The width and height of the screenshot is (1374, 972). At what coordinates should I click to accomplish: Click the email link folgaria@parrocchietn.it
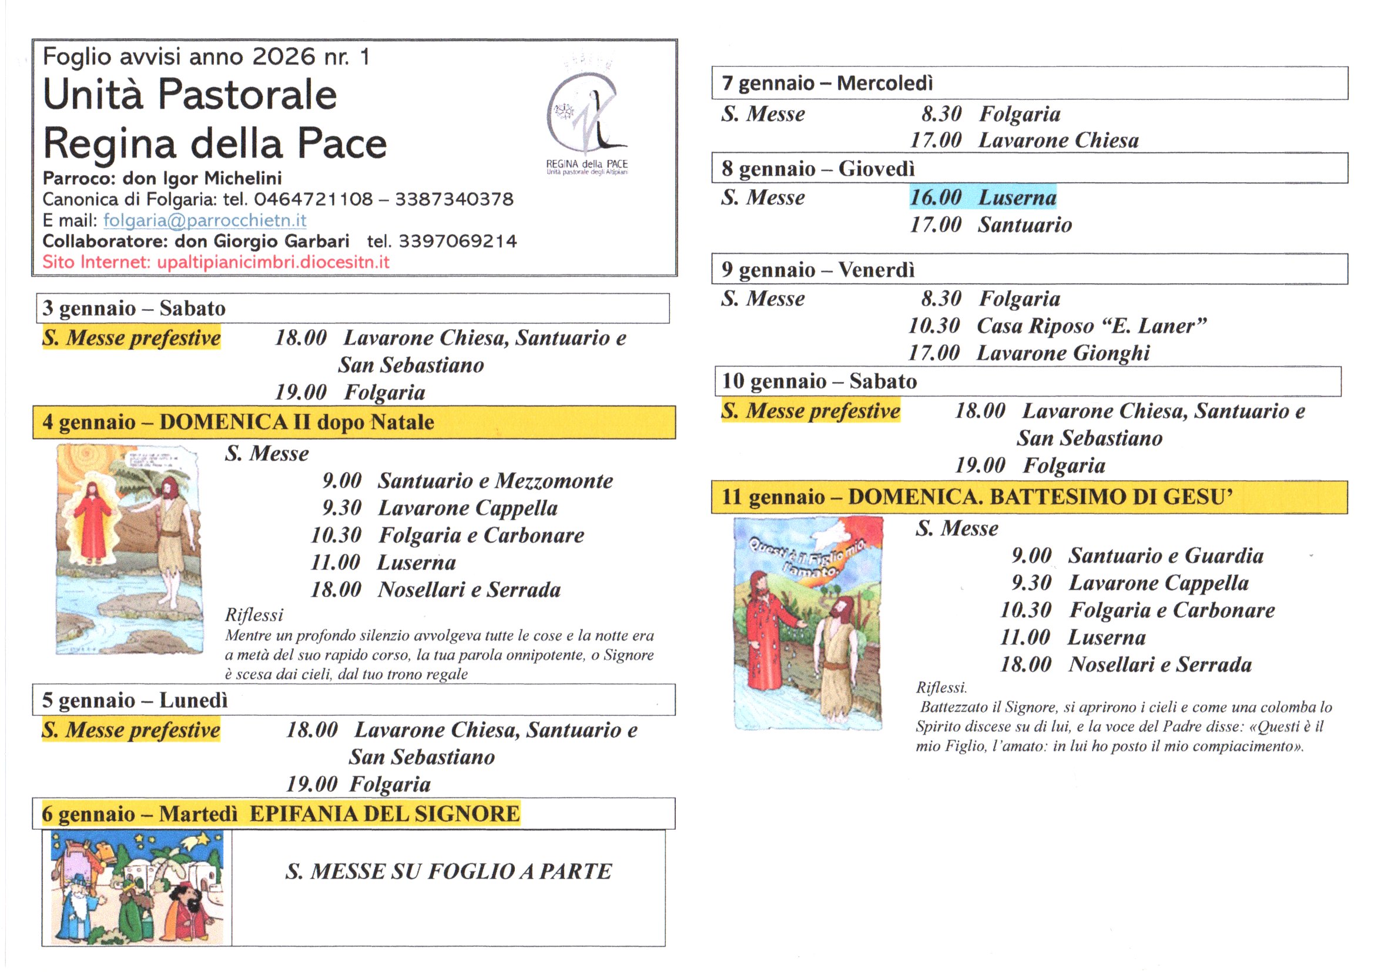click(x=205, y=220)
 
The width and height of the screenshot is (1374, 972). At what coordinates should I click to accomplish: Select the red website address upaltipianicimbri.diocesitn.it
click(x=273, y=262)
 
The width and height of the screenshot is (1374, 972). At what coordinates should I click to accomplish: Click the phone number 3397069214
click(x=458, y=241)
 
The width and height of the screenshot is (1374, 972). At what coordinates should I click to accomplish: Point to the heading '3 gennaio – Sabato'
click(x=134, y=309)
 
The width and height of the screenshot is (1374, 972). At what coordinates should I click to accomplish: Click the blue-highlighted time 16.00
click(x=936, y=197)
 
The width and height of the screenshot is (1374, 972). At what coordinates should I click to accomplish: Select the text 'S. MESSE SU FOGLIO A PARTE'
click(x=448, y=872)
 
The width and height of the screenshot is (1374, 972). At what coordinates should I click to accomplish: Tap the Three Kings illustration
click(x=137, y=887)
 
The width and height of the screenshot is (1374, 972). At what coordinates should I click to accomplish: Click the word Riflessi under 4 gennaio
click(x=254, y=615)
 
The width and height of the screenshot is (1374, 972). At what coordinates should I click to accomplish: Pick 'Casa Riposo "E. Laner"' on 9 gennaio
click(x=1091, y=326)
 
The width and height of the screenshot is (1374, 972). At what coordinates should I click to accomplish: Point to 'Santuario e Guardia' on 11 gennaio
click(x=1166, y=555)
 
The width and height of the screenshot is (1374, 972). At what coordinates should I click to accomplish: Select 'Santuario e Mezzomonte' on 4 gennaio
click(x=495, y=481)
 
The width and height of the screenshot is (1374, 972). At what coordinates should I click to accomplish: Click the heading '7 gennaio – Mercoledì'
click(x=827, y=83)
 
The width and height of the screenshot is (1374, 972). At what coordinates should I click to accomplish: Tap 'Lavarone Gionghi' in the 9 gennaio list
click(x=1063, y=353)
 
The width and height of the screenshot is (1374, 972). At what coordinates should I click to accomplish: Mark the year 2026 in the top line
click(x=283, y=57)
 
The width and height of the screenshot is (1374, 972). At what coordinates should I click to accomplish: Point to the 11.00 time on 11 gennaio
click(x=1024, y=638)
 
